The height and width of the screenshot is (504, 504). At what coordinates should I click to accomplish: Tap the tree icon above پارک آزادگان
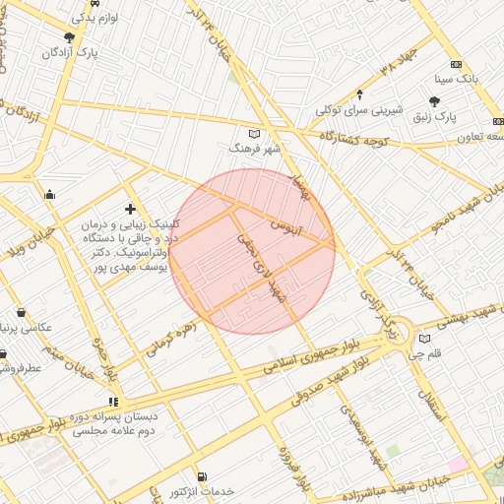click(x=69, y=37)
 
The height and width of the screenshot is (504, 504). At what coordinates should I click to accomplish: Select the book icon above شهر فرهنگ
click(x=255, y=133)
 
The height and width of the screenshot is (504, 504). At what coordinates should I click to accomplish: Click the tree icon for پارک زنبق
click(x=435, y=101)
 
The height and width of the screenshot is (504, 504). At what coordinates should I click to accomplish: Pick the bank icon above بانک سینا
click(x=456, y=63)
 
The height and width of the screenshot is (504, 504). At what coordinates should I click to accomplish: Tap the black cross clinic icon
click(x=130, y=209)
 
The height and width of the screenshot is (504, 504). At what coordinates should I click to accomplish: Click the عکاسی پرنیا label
click(x=29, y=327)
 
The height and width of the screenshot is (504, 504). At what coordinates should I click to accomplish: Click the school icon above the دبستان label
click(x=113, y=402)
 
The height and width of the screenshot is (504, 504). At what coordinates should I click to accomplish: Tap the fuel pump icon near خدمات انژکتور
click(x=202, y=477)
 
